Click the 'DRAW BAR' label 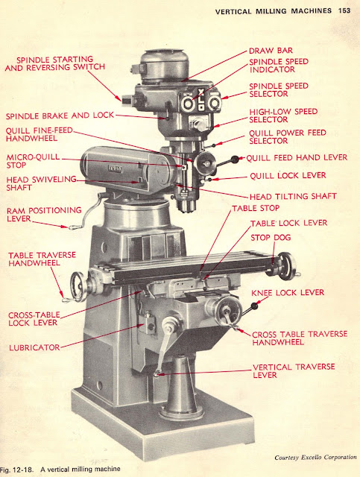coord(270,51)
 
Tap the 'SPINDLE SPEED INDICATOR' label coord(279,66)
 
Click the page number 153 coord(344,10)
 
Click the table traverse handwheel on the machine coord(77,285)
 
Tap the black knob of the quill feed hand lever coord(236,158)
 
